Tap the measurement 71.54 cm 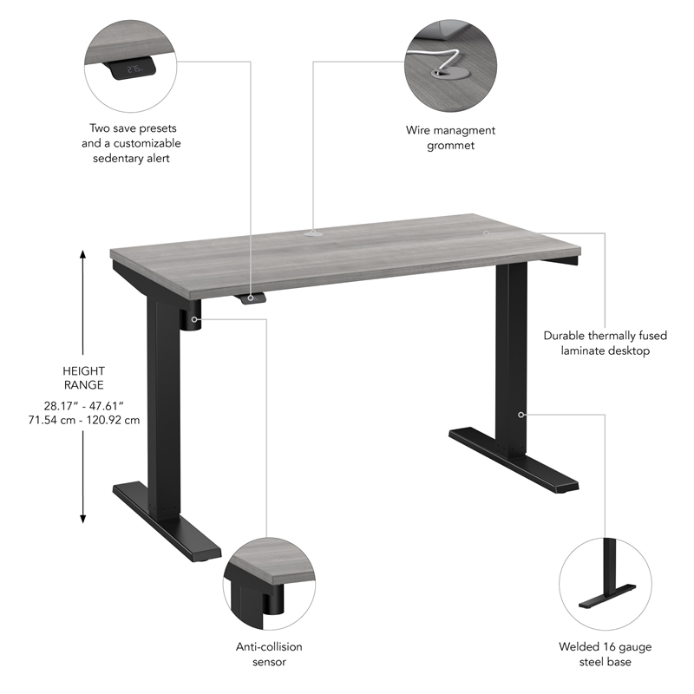click(54, 420)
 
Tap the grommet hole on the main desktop click(313, 233)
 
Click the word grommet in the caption click(450, 146)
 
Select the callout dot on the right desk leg click(520, 415)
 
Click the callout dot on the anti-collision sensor click(193, 319)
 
